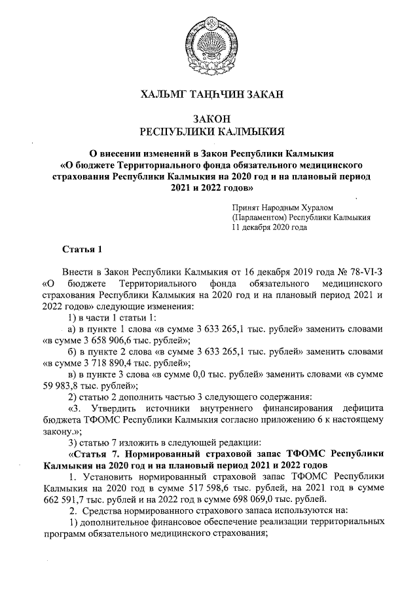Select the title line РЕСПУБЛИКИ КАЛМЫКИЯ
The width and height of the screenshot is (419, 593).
[209, 132]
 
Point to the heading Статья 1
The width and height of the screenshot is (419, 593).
[82, 250]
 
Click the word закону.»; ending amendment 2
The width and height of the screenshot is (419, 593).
[63, 432]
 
